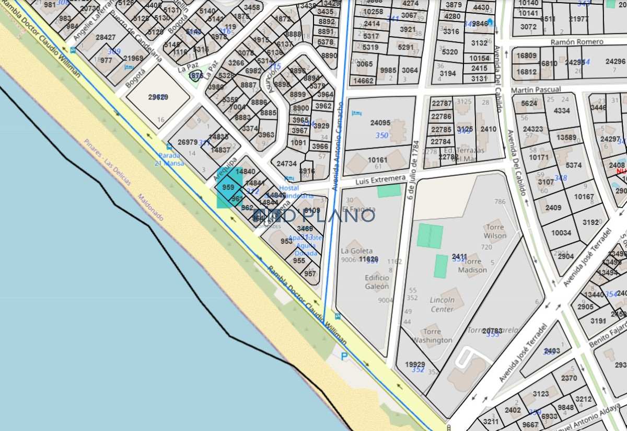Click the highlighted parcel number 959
228,187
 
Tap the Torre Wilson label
495,231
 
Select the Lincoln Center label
442,304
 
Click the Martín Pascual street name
536,90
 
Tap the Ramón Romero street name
577,42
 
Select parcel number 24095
380,123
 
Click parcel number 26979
188,142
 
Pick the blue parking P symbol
344,356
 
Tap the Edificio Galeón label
377,282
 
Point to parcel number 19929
415,365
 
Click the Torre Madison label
472,266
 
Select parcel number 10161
378,160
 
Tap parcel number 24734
287,164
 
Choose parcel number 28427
106,38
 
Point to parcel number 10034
561,233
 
